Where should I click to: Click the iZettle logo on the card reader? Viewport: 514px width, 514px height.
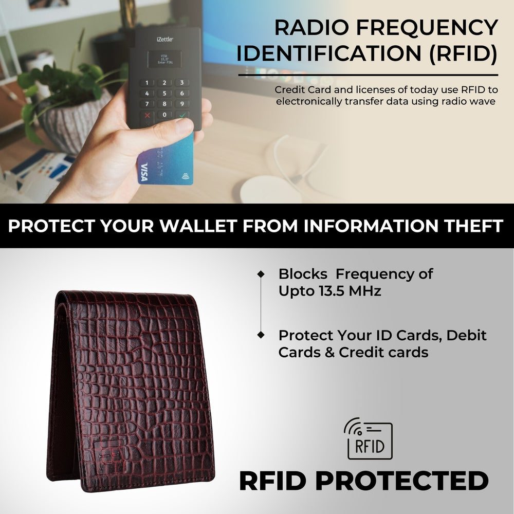(x=164, y=39)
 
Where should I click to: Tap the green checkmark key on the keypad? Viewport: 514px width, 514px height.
(x=181, y=115)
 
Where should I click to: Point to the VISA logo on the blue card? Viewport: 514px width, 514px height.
(x=143, y=172)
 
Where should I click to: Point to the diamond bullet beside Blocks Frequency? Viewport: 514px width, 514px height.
(x=261, y=274)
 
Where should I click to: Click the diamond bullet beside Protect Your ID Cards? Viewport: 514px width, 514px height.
(x=261, y=335)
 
